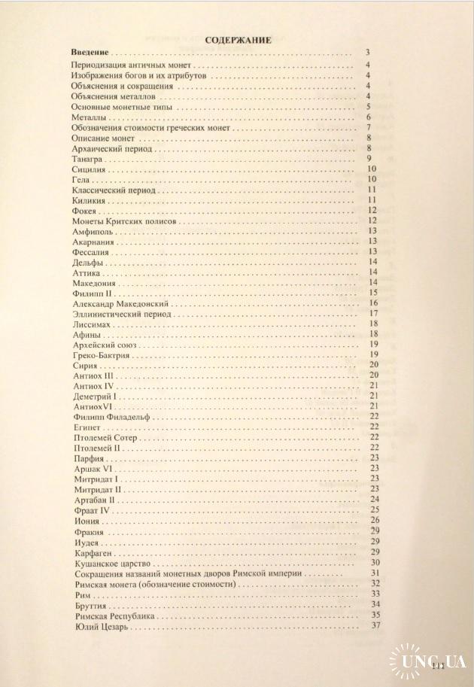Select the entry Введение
90,52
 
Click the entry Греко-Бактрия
102,354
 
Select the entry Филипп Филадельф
112,416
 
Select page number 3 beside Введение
366,52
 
